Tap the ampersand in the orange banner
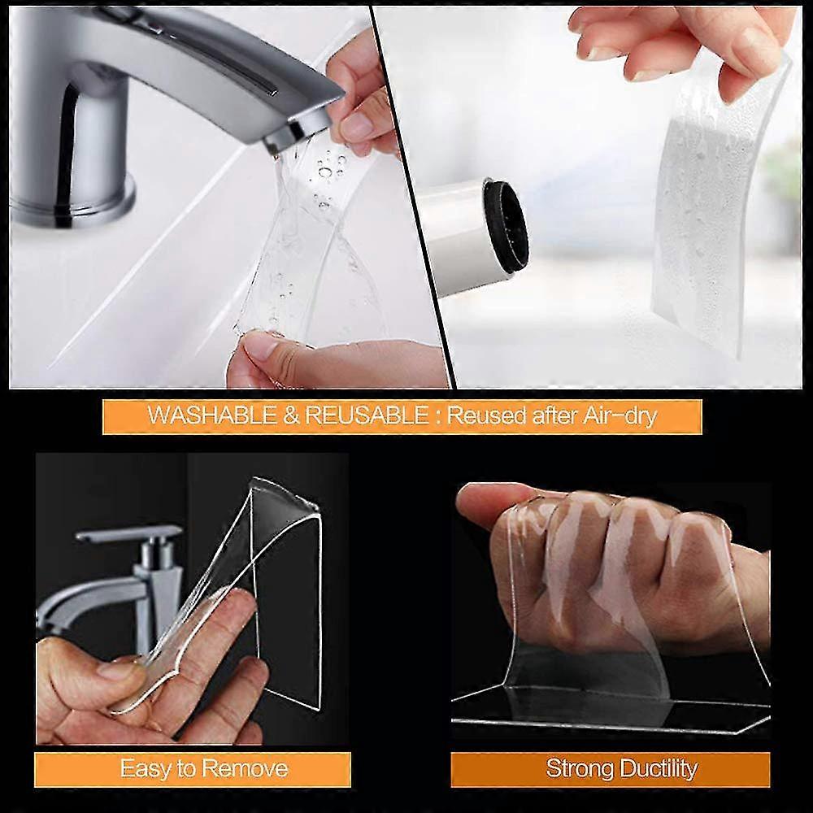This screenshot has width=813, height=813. coord(281,416)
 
